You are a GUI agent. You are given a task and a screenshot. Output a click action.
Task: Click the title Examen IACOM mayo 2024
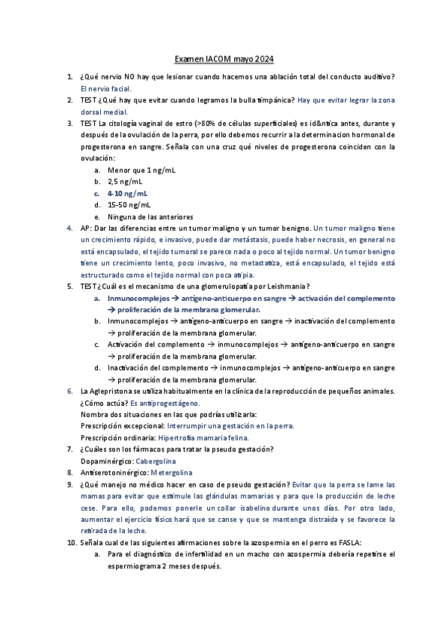click(x=224, y=59)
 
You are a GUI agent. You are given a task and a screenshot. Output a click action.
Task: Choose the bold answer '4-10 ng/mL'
click(x=128, y=193)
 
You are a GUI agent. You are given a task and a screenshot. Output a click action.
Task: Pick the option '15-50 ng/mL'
click(x=129, y=204)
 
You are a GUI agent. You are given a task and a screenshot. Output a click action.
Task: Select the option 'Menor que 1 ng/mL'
click(x=142, y=170)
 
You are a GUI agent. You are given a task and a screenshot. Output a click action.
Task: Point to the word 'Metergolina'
click(x=171, y=473)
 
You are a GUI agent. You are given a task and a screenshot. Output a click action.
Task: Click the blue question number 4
click(x=70, y=228)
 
